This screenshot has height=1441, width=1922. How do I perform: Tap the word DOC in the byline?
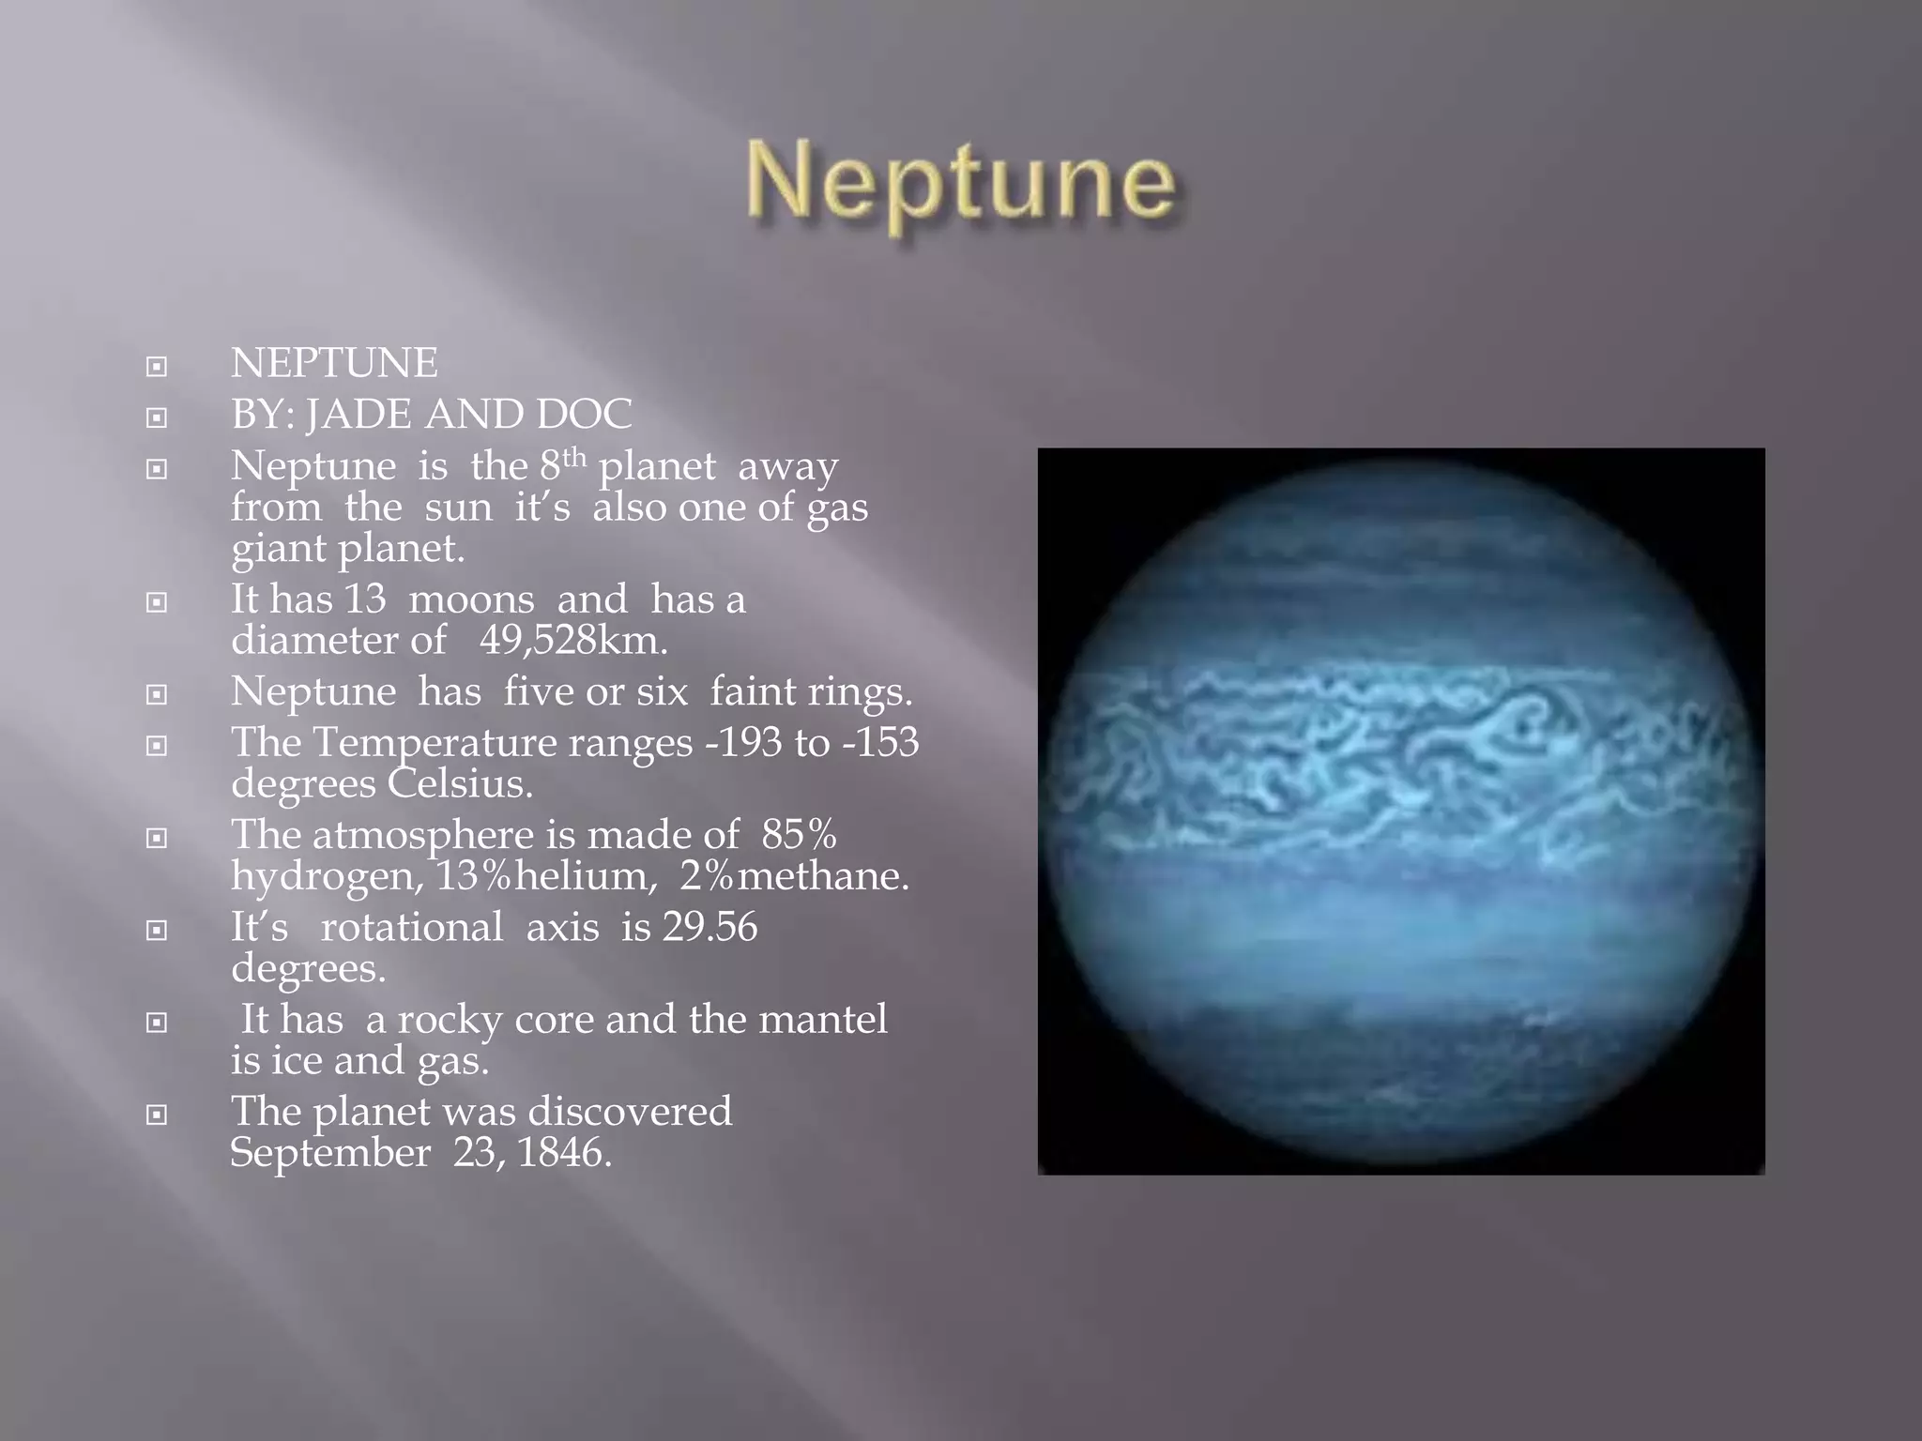point(585,415)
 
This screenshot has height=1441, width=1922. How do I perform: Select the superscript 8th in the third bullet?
point(563,463)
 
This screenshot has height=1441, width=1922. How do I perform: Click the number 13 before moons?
point(365,599)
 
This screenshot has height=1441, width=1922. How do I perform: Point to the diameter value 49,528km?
point(573,641)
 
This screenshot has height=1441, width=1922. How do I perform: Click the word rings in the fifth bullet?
point(863,692)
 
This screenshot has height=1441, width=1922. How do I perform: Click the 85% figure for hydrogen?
point(799,834)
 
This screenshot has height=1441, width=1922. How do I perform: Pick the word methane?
point(822,876)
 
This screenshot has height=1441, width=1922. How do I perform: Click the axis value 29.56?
point(709,927)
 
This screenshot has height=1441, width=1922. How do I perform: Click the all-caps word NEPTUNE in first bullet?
point(334,363)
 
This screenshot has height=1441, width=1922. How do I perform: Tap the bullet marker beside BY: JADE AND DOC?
point(157,417)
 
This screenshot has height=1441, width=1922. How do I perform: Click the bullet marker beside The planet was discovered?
point(157,1115)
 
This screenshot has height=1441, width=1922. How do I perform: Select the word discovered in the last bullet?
point(630,1112)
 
